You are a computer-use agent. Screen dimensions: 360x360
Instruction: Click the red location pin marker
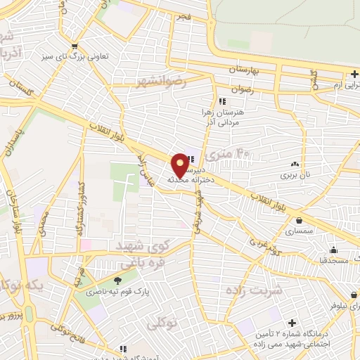click(180, 165)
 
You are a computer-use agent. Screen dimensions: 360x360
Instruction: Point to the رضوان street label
click(239, 89)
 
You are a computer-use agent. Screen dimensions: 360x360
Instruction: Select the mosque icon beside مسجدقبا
click(333, 250)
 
